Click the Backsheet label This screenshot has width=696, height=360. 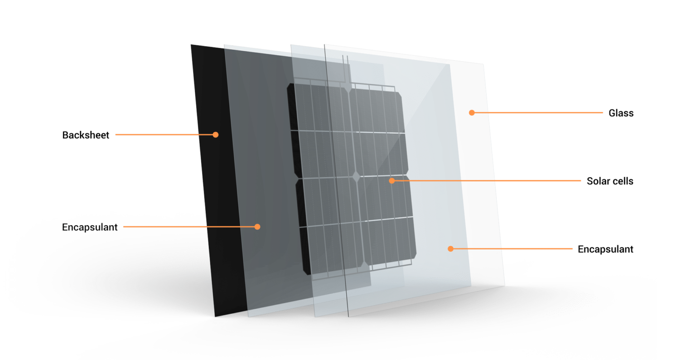86,135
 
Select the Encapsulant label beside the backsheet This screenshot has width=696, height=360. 90,227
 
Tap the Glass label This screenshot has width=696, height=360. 621,113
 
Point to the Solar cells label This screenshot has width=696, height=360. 609,181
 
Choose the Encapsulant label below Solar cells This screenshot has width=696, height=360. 605,249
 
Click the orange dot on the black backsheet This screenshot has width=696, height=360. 216,135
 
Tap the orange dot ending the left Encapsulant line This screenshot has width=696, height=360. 257,227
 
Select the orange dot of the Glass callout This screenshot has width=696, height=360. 472,112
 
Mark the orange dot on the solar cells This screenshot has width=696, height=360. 392,180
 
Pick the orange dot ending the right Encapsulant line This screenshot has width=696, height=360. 450,248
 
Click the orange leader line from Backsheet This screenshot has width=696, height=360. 163,135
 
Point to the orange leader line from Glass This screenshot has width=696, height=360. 539,112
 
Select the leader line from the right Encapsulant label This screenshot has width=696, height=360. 512,248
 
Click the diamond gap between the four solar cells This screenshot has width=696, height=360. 356,176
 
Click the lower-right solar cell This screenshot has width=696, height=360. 385,222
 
